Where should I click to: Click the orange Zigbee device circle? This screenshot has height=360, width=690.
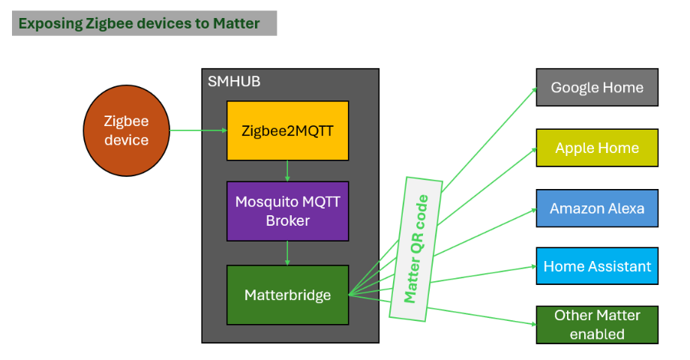126,130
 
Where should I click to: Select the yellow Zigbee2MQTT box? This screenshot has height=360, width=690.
287,130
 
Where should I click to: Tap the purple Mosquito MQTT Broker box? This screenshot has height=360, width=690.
287,211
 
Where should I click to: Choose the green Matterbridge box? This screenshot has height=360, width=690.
287,295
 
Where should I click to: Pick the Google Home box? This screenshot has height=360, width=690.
597,88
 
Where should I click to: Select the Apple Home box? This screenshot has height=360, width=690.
597,148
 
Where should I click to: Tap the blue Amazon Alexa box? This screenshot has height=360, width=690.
597,208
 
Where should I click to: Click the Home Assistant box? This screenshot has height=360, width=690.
597,266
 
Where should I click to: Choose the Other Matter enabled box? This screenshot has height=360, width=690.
597,325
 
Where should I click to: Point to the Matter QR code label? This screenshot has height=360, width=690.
415,249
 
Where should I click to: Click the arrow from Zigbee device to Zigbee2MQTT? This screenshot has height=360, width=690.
199,130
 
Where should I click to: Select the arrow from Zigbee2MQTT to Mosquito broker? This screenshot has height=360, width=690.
287,171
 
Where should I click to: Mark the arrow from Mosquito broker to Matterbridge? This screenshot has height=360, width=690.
287,253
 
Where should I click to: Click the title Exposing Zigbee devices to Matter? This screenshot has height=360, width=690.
139,23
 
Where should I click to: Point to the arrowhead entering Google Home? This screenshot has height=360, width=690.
534,90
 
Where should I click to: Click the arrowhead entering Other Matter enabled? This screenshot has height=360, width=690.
533,324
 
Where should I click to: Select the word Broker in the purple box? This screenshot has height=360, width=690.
287,220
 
